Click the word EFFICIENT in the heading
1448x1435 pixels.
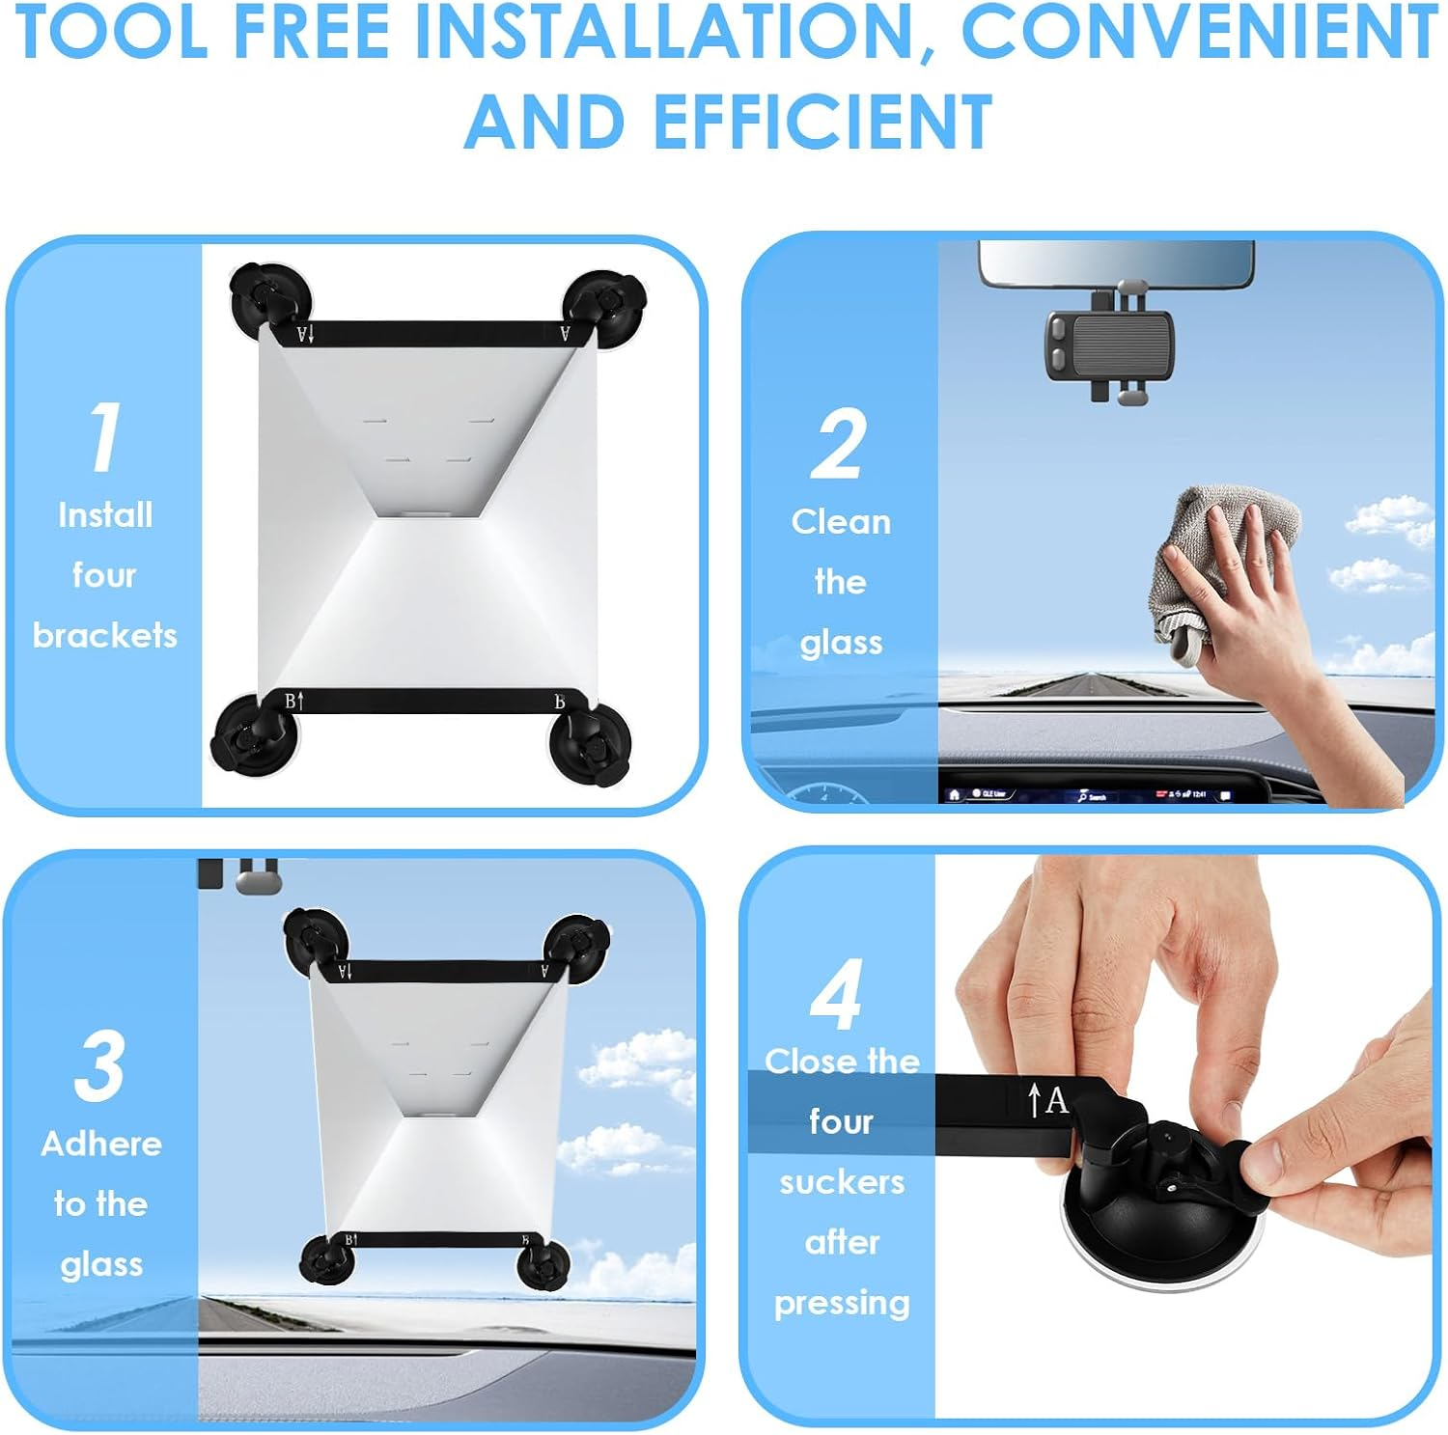pyautogui.click(x=823, y=122)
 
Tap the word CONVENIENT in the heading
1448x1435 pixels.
pyautogui.click(x=1199, y=31)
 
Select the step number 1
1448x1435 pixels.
pyautogui.click(x=104, y=436)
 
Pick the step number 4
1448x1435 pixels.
pyautogui.click(x=836, y=994)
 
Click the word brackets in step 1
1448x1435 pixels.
pyautogui.click(x=104, y=635)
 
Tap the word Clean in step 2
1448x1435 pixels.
pyautogui.click(x=841, y=521)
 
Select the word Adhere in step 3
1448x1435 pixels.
pyautogui.click(x=101, y=1144)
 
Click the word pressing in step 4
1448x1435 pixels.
pyautogui.click(x=842, y=1304)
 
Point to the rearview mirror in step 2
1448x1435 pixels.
pyautogui.click(x=1117, y=262)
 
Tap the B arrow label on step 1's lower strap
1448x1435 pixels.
pyautogui.click(x=294, y=702)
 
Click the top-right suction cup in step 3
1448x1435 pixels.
pyautogui.click(x=576, y=948)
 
